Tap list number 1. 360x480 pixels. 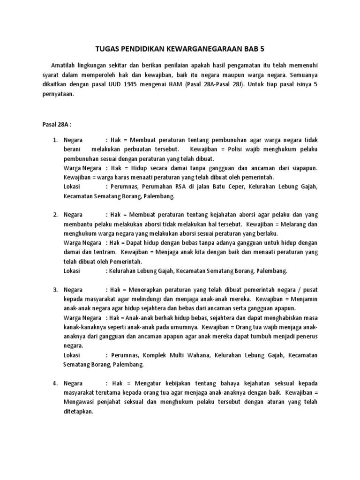coord(54,140)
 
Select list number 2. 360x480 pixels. coord(54,215)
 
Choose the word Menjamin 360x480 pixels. coord(304,299)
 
